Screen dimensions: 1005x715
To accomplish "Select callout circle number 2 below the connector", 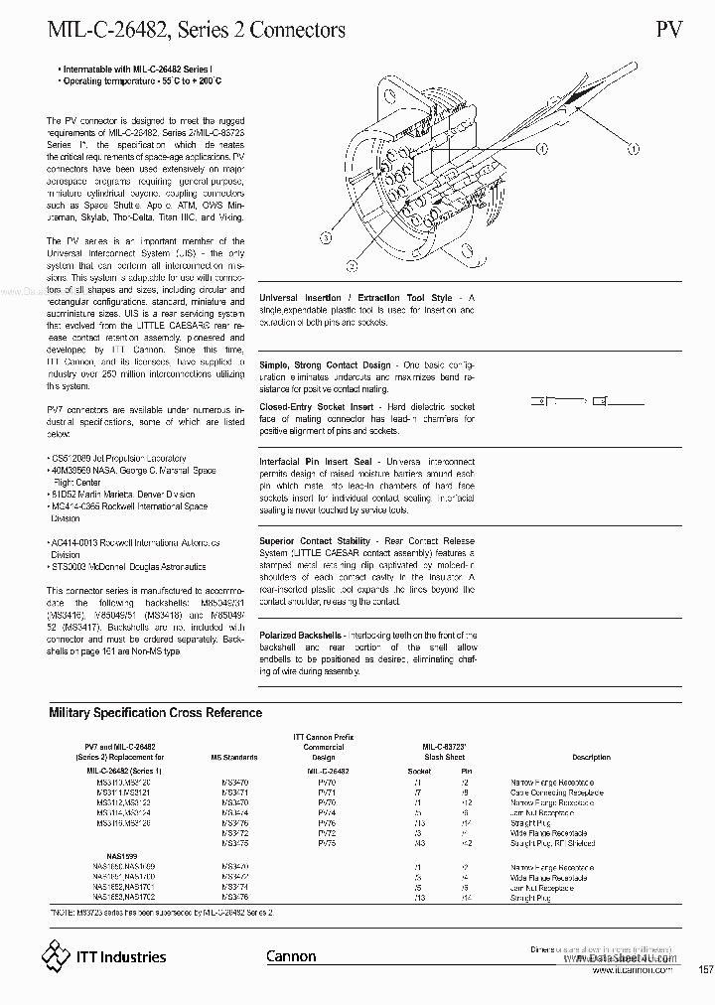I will pos(351,265).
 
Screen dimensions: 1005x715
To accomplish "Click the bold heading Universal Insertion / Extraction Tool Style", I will pos(356,298).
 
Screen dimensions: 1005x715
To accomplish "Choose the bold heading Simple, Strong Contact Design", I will pos(326,365).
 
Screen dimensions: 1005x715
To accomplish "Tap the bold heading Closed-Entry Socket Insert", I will pos(317,407).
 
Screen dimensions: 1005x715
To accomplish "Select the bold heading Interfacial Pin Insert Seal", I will pos(317,462).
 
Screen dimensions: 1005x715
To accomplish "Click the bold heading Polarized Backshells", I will pos(301,634).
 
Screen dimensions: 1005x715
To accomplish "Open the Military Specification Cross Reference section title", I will pos(156,712).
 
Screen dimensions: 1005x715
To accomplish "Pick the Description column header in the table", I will pos(591,757).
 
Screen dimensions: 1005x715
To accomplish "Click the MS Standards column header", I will pos(234,757).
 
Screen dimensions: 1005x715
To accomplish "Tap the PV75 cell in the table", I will pos(327,842).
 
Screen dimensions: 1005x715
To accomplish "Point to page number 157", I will pos(705,969).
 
